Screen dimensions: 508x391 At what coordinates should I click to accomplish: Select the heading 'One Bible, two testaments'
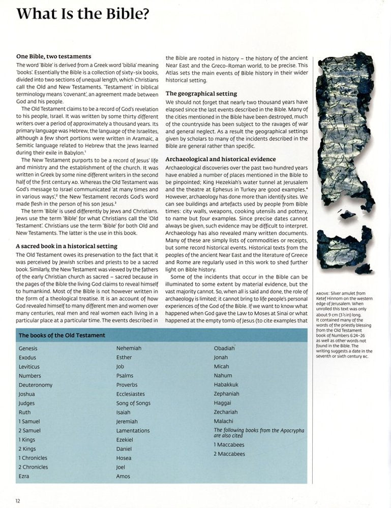tap(53, 56)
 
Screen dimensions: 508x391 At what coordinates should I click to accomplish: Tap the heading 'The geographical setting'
tap(201, 93)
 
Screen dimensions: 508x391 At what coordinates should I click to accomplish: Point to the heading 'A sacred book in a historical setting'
tap(67, 246)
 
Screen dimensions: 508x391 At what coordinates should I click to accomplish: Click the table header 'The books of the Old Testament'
tap(62, 335)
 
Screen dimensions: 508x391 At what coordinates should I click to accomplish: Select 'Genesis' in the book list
tap(28, 348)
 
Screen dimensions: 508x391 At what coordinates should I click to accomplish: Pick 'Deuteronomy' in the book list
tap(35, 385)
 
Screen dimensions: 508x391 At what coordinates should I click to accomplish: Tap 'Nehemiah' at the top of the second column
tap(129, 348)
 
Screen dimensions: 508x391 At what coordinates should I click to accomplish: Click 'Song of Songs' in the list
tap(133, 403)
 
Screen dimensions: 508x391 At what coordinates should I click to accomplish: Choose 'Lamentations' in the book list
tap(133, 431)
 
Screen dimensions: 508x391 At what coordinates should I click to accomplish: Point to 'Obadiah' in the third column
tap(224, 348)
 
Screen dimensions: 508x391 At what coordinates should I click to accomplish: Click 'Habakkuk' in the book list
tap(226, 385)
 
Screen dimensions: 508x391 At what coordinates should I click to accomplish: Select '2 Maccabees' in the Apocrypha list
tap(229, 454)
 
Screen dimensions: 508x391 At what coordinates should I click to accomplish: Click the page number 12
tap(17, 500)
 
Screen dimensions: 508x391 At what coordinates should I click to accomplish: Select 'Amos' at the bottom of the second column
tap(123, 477)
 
